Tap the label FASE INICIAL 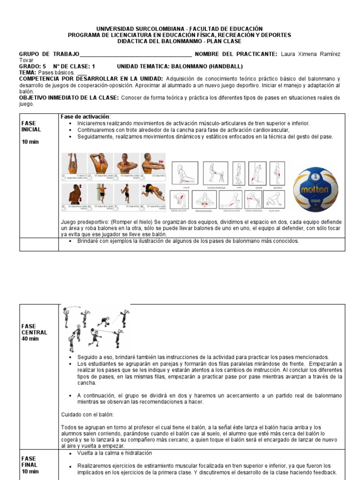point(31,126)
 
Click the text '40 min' point(30,339)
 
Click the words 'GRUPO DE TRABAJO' point(49,54)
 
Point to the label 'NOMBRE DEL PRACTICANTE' point(236,54)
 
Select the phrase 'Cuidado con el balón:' point(87,414)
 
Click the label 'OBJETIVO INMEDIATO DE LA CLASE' point(69,97)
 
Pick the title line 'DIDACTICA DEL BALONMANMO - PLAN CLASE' point(180,41)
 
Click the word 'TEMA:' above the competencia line point(27,73)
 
